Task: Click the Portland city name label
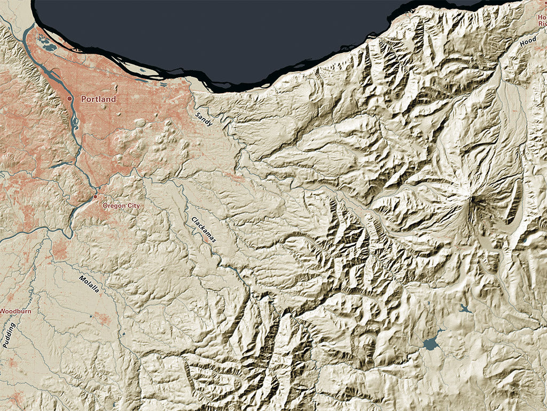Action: tap(98, 99)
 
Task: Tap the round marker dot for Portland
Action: tap(69, 99)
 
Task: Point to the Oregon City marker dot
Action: tap(96, 196)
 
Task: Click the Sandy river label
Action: tap(204, 119)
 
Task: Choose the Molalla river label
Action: tap(89, 284)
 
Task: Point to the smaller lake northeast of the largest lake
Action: tap(464, 309)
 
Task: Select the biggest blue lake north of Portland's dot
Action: tap(50, 48)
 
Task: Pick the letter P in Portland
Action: tap(84, 99)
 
